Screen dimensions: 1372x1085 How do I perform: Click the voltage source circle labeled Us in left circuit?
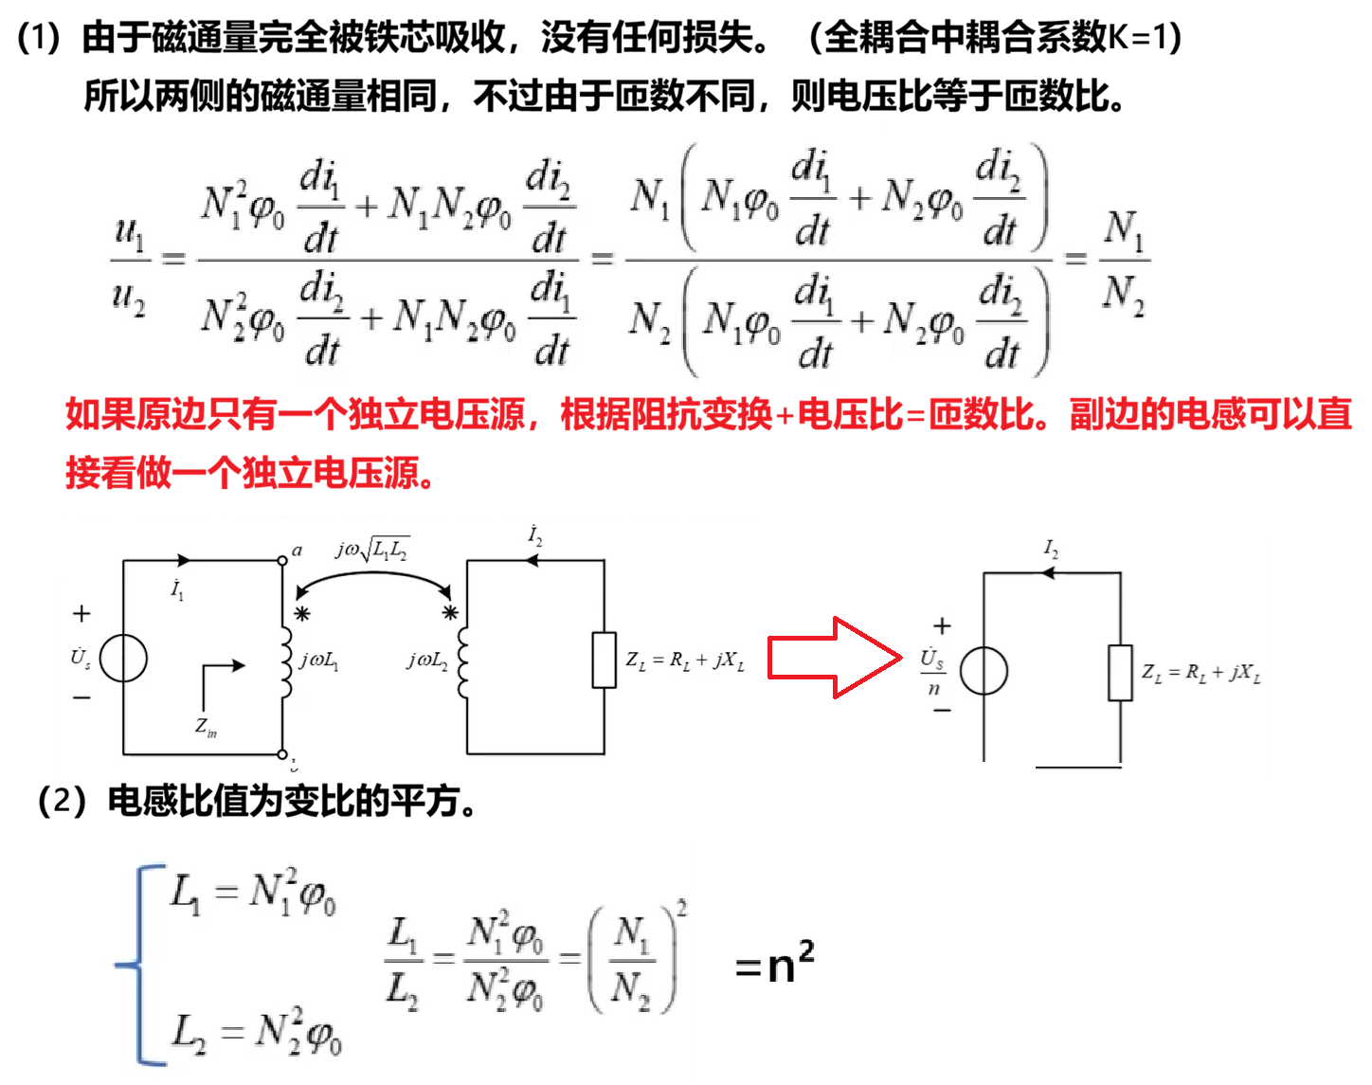coord(124,658)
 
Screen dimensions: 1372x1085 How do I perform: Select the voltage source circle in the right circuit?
coord(984,671)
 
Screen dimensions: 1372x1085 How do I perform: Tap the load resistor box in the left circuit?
coord(604,660)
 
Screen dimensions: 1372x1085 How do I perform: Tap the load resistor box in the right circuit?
coord(1120,673)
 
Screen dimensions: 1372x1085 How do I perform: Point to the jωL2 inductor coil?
coord(462,661)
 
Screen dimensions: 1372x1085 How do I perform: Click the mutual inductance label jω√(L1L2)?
coord(372,549)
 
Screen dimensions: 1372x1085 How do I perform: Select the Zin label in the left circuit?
coord(206,727)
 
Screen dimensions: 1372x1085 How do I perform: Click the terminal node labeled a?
coord(282,560)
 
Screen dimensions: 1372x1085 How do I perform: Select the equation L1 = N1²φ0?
coord(252,893)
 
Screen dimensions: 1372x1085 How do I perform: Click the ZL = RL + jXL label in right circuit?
coord(1201,674)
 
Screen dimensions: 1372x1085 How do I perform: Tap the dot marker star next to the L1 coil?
coord(302,614)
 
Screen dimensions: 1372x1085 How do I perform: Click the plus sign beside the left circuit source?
coord(81,614)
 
